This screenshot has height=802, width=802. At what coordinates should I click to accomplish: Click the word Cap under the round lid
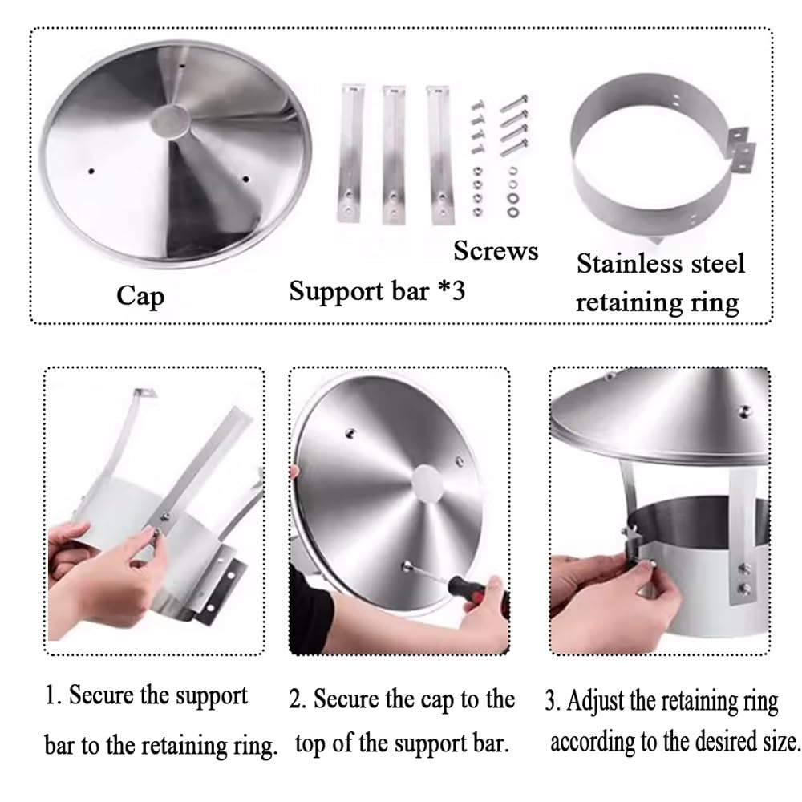(140, 296)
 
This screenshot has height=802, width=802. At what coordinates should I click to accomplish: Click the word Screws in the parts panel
(496, 250)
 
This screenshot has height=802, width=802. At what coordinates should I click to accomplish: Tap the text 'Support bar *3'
(377, 291)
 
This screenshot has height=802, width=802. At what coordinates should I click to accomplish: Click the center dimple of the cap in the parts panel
(170, 122)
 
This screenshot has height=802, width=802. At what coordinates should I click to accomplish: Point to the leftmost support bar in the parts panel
(350, 153)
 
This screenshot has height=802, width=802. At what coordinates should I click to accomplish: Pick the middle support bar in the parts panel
(393, 155)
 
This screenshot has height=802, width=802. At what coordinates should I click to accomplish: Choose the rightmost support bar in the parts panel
(439, 155)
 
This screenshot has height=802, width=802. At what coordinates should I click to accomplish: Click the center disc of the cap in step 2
(427, 484)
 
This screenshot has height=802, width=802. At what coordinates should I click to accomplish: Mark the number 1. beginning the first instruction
(53, 695)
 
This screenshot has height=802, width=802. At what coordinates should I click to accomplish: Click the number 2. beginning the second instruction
(298, 699)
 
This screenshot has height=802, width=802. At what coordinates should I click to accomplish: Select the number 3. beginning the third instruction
(553, 701)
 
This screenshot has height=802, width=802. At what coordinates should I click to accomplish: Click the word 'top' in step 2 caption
(310, 745)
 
